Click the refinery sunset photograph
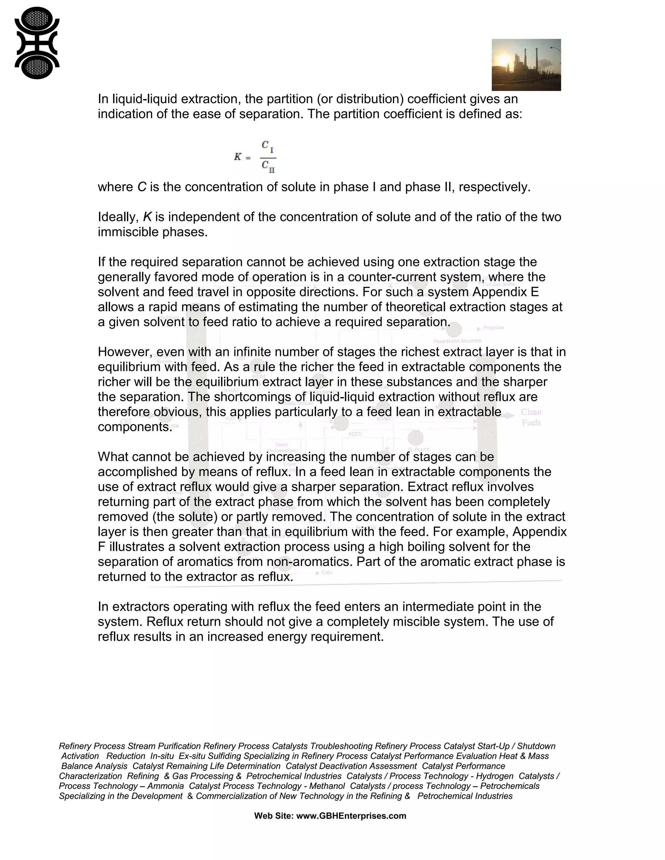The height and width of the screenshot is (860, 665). point(526,65)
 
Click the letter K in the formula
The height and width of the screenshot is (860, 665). point(238,157)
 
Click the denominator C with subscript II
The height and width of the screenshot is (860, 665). point(268,166)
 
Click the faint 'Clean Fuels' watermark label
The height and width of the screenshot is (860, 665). point(531,417)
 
